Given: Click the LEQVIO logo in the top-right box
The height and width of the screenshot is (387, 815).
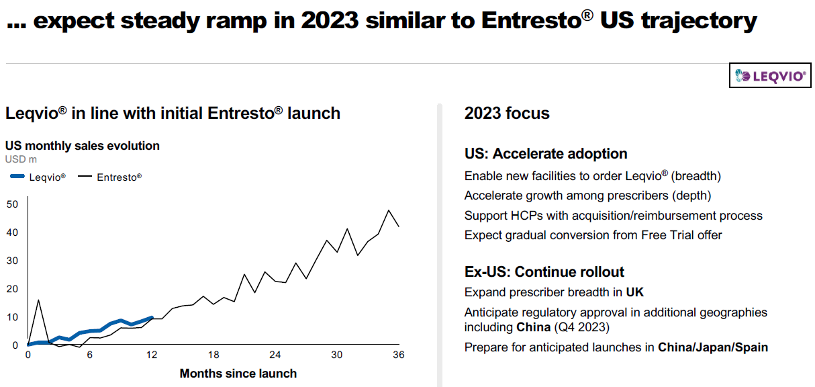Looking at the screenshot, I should click(771, 77).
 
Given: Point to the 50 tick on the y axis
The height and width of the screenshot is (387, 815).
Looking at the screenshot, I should click(12, 204).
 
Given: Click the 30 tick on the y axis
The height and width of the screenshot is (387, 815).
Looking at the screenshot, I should click(12, 261).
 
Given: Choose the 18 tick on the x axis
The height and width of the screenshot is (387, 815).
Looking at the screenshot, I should click(213, 355).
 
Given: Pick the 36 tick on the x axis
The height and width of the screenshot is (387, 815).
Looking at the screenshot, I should click(398, 355).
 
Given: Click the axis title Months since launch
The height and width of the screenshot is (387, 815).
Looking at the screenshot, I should click(238, 373).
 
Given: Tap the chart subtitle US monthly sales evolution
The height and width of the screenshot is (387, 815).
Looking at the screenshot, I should click(83, 146).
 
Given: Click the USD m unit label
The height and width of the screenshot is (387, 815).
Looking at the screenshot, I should click(21, 159).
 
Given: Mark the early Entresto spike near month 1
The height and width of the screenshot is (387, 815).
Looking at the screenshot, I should click(38, 300).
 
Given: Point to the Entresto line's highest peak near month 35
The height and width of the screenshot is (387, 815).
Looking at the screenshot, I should click(389, 210).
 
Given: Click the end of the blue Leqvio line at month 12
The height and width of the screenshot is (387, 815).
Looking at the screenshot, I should click(152, 317).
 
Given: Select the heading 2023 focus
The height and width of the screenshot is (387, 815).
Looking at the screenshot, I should click(507, 114).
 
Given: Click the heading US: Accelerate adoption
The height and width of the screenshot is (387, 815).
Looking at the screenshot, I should click(546, 154).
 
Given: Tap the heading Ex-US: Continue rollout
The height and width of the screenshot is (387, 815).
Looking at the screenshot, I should click(544, 272).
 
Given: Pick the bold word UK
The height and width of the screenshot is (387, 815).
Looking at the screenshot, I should click(635, 292).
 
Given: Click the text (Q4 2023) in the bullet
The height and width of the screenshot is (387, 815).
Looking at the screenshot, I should click(583, 327).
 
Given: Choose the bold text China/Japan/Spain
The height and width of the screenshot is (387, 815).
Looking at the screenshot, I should click(713, 347).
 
